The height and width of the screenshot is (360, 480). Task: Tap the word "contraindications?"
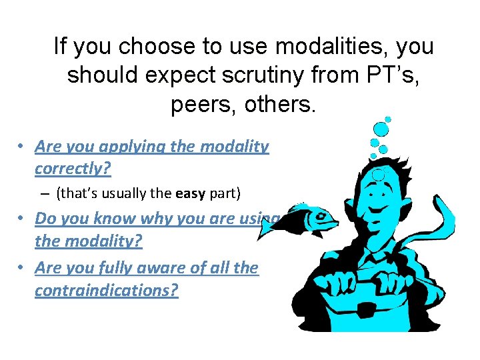click(107, 291)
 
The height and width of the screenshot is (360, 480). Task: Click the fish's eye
click(322, 215)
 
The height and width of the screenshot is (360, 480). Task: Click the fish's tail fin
click(267, 227)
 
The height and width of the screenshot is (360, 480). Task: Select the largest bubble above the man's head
click(381, 129)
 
